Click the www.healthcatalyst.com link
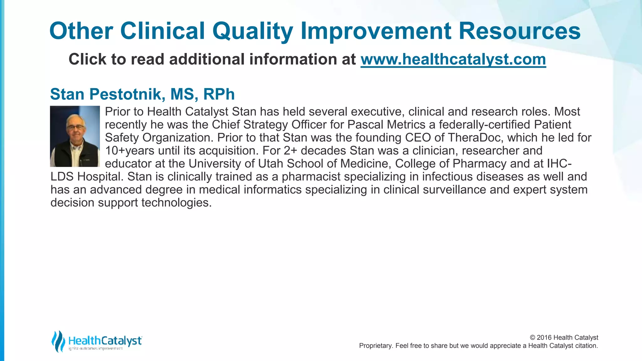(x=453, y=59)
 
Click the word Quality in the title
(x=253, y=31)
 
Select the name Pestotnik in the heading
(x=127, y=94)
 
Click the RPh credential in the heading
(x=219, y=94)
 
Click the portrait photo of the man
(x=75, y=136)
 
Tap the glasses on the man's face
(x=76, y=127)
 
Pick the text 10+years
(x=129, y=151)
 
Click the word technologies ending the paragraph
(x=176, y=203)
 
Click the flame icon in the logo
(x=58, y=341)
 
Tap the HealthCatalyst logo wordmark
(x=105, y=341)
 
